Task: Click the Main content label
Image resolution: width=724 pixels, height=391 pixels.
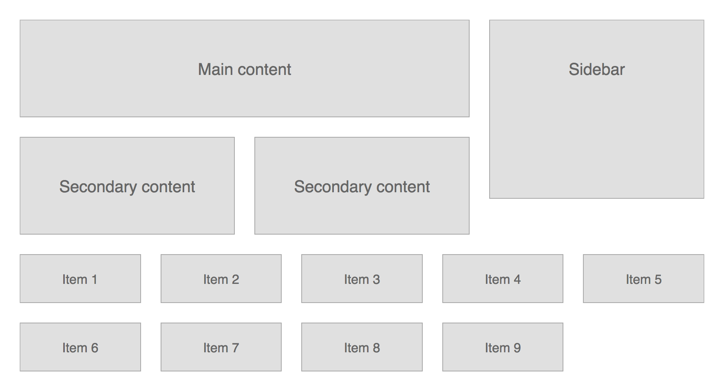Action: tap(244, 69)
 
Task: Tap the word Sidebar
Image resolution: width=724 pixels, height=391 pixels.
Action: tap(596, 69)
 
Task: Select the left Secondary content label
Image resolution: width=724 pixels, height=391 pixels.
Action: tap(127, 187)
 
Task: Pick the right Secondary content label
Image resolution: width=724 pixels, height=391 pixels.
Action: tap(362, 187)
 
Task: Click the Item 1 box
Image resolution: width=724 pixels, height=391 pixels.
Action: tap(80, 279)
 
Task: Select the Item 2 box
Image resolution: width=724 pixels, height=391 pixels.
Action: tap(221, 279)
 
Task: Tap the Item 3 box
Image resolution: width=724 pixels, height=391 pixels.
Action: tap(362, 279)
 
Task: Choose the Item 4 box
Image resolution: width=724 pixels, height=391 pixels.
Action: tap(503, 279)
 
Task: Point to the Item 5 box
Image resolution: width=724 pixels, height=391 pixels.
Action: tap(643, 279)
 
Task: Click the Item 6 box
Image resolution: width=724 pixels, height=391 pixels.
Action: tap(80, 347)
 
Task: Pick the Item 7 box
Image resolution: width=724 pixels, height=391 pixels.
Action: tap(221, 347)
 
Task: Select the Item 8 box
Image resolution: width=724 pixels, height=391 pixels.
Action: tap(362, 347)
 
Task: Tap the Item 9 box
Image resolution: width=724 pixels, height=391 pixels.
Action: tap(503, 347)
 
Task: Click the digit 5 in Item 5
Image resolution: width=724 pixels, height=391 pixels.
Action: tap(658, 279)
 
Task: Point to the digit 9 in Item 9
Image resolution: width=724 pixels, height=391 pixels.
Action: tap(517, 348)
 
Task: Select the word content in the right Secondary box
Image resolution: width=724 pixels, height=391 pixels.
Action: tap(403, 187)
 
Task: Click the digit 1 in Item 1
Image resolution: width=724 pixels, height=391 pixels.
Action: tap(95, 279)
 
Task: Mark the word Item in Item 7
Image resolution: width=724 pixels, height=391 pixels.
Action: tap(216, 348)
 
